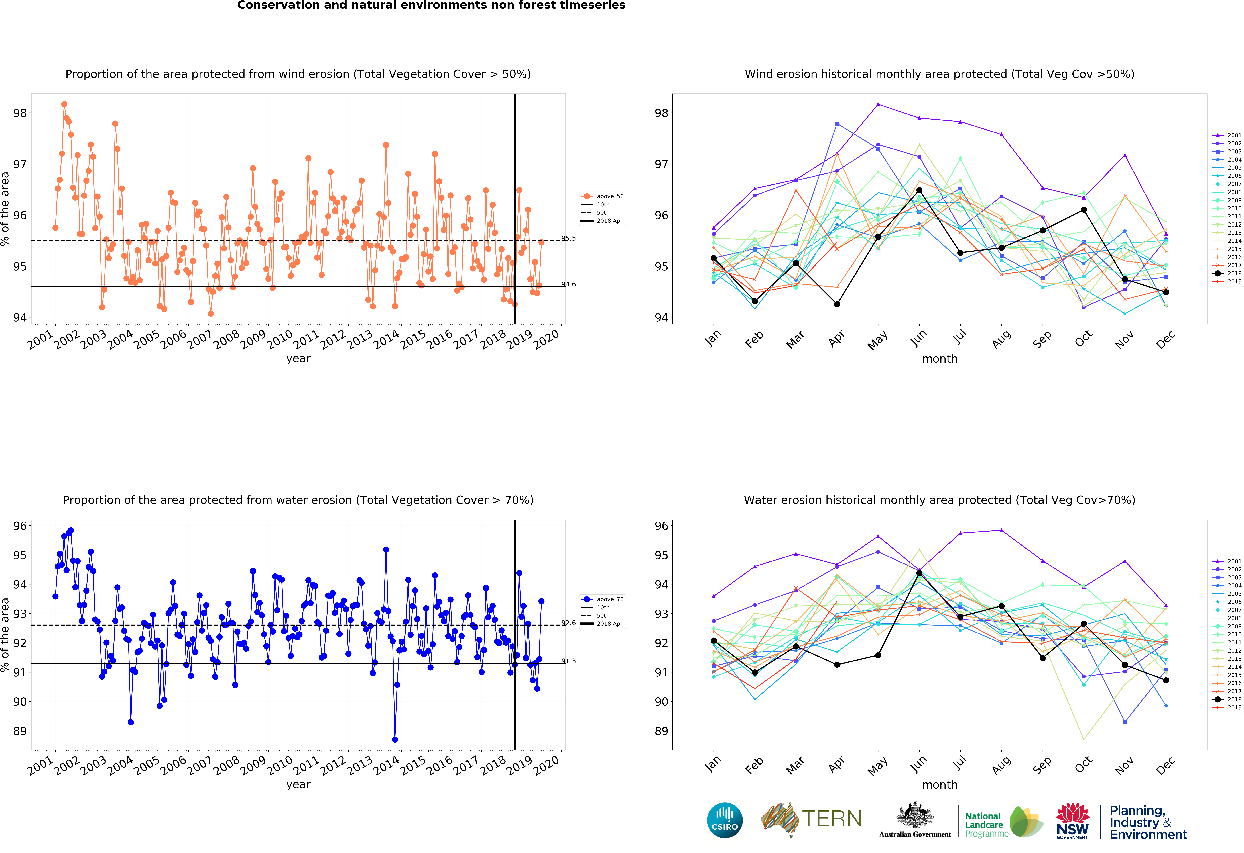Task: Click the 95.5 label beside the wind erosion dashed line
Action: click(x=568, y=238)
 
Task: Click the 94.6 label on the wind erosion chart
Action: click(x=568, y=284)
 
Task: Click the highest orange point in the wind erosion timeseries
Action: click(x=64, y=104)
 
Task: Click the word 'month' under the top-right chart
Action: click(x=939, y=359)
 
